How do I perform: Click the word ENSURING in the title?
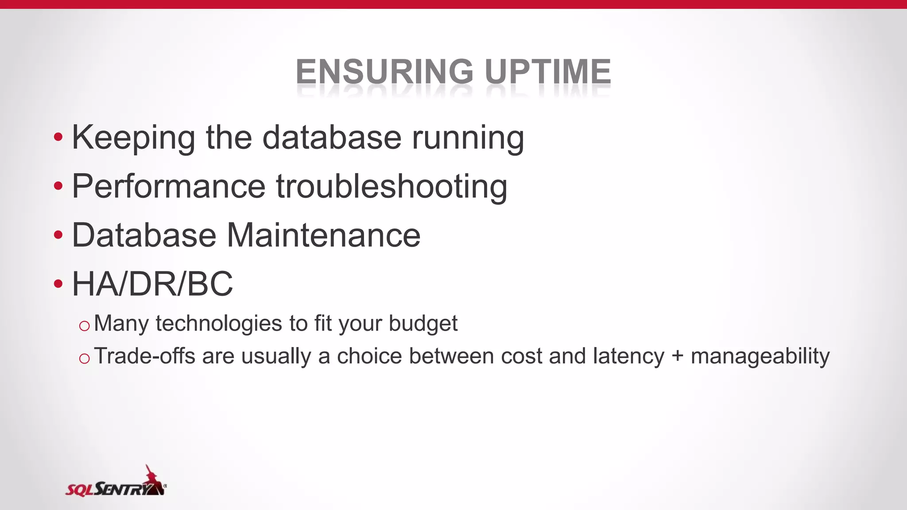click(384, 72)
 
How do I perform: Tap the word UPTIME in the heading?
click(548, 72)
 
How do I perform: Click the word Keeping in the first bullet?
click(133, 138)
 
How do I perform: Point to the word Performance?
click(168, 186)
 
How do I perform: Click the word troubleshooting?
click(391, 186)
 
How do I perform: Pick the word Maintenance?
click(323, 235)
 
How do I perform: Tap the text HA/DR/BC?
click(152, 284)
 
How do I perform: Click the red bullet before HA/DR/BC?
click(58, 283)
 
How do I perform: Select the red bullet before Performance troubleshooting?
click(58, 186)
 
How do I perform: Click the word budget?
click(423, 324)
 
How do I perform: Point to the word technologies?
click(219, 324)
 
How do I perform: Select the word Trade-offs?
click(144, 356)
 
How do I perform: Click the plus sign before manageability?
click(677, 357)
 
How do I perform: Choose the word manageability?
click(760, 357)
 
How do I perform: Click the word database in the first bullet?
click(332, 138)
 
